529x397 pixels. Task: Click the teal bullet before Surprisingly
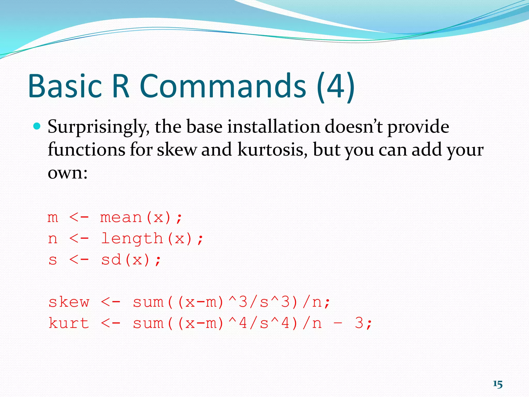[x=37, y=126]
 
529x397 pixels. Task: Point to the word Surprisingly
[x=98, y=127]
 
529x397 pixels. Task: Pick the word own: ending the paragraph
[x=68, y=173]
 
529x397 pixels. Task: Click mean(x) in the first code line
[x=136, y=217]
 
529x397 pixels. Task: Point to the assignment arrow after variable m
[x=79, y=217]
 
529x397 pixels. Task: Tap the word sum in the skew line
[x=148, y=302]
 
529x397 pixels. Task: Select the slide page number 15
[x=497, y=384]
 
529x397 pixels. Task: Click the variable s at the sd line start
[x=53, y=260]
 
